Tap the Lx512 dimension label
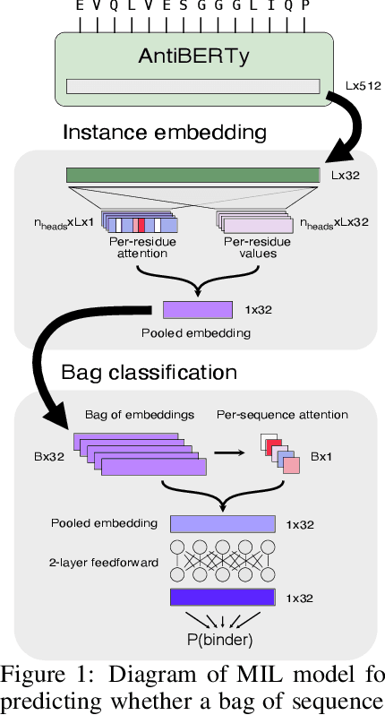[x=363, y=87]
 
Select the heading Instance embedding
[x=165, y=133]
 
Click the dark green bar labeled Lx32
[x=193, y=175]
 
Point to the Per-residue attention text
[x=138, y=247]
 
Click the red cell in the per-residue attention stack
[x=141, y=223]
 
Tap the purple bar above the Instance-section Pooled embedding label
[x=197, y=310]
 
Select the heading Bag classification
[x=150, y=372]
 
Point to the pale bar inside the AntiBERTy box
[x=193, y=86]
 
